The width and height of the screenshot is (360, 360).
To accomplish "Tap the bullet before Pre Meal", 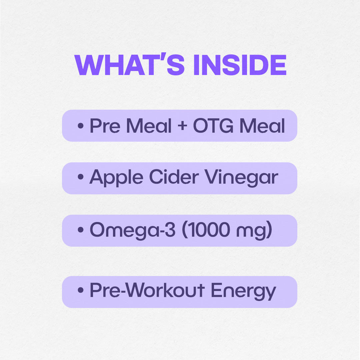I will [80, 126].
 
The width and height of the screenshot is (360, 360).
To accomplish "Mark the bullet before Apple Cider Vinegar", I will [80, 178].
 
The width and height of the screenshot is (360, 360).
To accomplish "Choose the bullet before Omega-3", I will [80, 230].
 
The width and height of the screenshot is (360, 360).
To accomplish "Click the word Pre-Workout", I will [147, 291].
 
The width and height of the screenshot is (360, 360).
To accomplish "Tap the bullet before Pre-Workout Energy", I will [80, 291].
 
